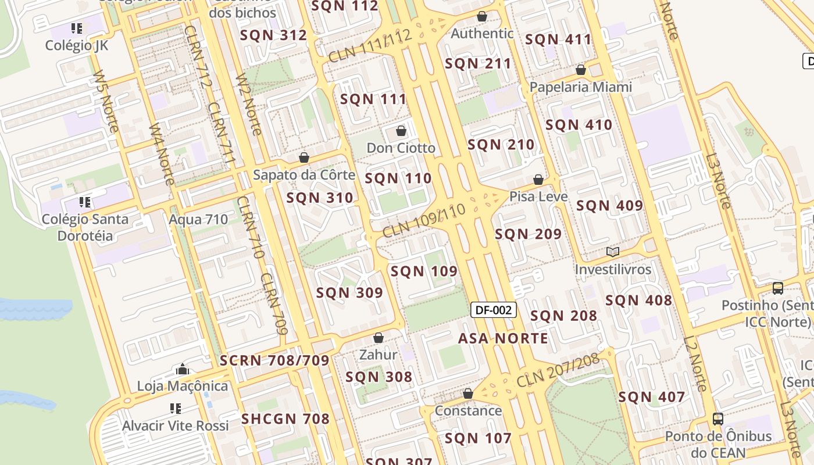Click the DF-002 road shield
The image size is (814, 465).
click(493, 310)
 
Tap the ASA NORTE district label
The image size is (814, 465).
click(503, 338)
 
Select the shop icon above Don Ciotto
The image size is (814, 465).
click(401, 131)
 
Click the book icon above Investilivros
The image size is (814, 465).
click(613, 252)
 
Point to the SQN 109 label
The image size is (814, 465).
click(424, 271)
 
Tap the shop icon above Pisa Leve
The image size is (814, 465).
click(538, 180)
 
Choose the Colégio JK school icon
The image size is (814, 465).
click(77, 28)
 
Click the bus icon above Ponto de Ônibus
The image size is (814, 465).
click(718, 419)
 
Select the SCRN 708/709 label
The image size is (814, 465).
click(274, 360)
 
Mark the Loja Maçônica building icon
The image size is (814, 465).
click(183, 369)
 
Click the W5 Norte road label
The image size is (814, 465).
click(106, 102)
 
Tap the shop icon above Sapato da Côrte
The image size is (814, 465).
click(304, 158)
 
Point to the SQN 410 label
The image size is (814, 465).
click(579, 125)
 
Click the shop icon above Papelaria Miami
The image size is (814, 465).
click(580, 70)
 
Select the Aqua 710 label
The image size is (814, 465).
click(198, 220)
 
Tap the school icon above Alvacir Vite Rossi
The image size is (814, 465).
click(175, 409)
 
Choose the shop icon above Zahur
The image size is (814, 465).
click(379, 338)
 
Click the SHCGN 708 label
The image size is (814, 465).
click(285, 419)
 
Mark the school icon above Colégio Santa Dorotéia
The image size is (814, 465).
click(85, 202)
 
